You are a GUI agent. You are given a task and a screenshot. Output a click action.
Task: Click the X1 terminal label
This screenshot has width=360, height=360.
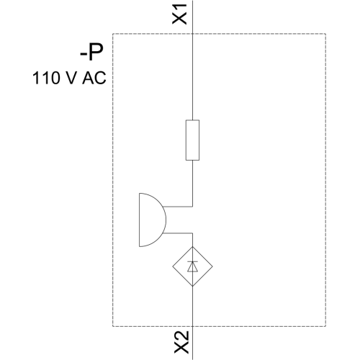(179, 14)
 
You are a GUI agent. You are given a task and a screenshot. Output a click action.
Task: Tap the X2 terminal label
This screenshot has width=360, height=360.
(181, 342)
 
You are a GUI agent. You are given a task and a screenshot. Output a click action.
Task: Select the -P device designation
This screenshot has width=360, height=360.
(91, 53)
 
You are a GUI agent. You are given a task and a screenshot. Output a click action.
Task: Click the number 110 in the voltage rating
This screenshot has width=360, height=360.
(46, 78)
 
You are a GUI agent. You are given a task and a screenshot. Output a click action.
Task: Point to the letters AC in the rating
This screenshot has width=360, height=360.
(94, 78)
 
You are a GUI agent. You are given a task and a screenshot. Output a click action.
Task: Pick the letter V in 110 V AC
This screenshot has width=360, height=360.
(70, 78)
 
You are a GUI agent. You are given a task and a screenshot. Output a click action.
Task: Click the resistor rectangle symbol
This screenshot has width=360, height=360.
(192, 140)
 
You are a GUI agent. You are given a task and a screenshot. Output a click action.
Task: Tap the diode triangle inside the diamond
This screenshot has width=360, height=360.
(192, 266)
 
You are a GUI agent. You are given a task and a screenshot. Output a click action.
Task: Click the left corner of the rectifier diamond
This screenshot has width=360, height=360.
(173, 266)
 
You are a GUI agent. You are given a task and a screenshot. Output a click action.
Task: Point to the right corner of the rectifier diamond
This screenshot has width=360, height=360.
(212, 266)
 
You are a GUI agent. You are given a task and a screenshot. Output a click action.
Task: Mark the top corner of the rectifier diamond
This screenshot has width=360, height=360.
(192, 246)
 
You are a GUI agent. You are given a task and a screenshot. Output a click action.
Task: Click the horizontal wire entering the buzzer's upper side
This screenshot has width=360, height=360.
(178, 207)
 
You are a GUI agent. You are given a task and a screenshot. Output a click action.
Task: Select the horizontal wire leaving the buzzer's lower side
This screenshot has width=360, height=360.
(178, 233)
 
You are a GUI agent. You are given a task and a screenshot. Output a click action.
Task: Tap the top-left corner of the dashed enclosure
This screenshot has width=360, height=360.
(113, 34)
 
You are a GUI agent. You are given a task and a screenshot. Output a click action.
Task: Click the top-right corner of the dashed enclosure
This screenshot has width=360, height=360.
(325, 34)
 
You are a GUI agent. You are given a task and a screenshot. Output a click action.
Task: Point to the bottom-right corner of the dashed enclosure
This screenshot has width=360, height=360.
(325, 326)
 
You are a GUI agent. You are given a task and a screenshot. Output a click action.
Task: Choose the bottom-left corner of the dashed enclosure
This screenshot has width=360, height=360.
(113, 326)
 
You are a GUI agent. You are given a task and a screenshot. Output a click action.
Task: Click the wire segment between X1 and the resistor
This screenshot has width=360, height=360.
(192, 60)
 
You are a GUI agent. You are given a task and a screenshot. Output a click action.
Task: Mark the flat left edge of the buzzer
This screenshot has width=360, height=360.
(139, 220)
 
